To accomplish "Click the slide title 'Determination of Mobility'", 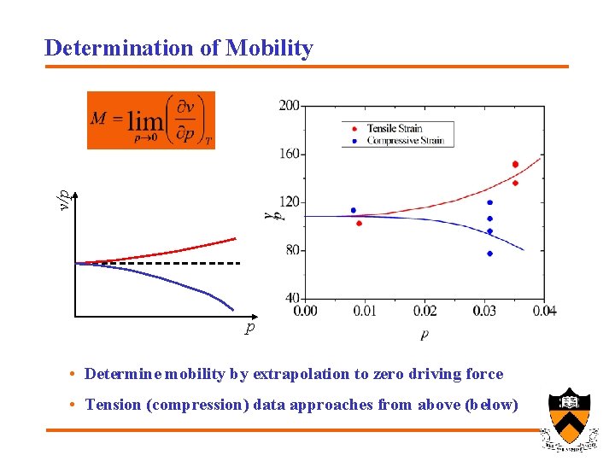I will point(179,48).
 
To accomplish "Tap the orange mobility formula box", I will point(151,120).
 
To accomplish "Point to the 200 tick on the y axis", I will point(289,105).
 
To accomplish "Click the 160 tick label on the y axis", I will point(289,154).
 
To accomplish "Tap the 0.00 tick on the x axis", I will point(305,311).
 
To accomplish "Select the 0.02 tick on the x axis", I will point(425,311).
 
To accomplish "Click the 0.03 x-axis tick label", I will point(484,311).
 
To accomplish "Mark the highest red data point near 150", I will point(515,164).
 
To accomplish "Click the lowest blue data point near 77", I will point(489,254).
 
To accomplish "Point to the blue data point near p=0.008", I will point(353,210).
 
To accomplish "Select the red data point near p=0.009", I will point(359,224).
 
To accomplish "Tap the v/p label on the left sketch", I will point(62,198).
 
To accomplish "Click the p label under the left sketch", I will point(249,328).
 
